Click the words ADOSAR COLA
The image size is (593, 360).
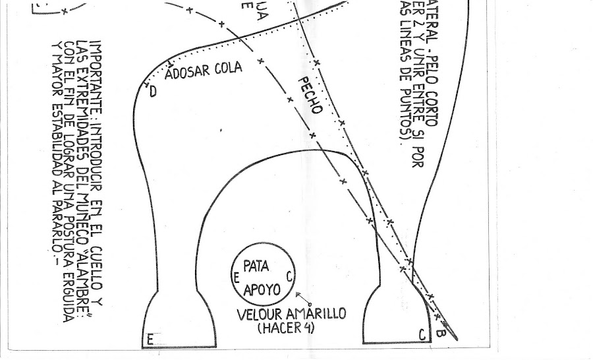tap(203, 69)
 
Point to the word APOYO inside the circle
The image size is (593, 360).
tap(262, 289)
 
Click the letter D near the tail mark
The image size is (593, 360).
tap(153, 92)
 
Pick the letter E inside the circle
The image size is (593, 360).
tap(235, 279)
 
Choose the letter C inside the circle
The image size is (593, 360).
tap(290, 276)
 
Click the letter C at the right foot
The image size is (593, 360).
tap(422, 336)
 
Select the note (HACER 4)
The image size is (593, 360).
tap(284, 326)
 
